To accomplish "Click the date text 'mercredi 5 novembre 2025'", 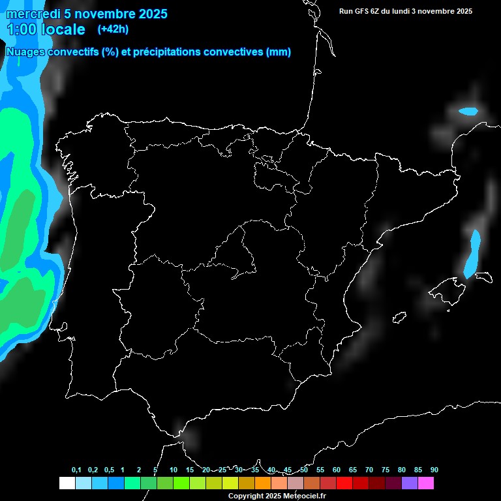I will coord(87,14).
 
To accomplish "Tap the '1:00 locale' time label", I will coord(46,29).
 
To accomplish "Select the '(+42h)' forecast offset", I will coord(113,29).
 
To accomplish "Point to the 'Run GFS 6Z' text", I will coord(363,11).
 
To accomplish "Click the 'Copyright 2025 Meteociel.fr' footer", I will coord(277,496).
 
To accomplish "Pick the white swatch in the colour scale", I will coord(67,483).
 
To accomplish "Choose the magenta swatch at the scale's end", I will coord(426,483).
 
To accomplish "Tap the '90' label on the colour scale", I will coord(434,470).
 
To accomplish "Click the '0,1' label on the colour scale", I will coord(76,470).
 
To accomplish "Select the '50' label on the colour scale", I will coord(304,470).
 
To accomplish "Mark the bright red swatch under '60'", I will coord(344,483).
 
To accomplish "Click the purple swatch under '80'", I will coord(410,483).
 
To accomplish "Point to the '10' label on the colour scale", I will coord(174,470).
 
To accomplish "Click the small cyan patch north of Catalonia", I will coord(468,112).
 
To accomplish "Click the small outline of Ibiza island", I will coord(399,317).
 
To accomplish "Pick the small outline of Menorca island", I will coord(483,277).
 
